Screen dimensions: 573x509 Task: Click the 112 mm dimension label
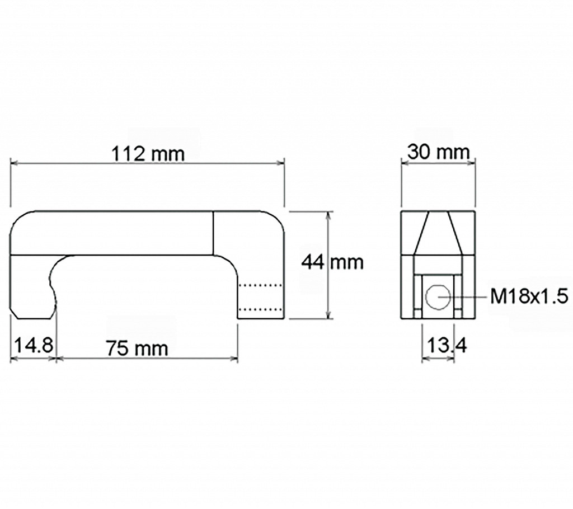click(148, 154)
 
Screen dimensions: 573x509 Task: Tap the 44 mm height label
click(332, 262)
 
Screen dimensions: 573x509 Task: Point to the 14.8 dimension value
click(34, 345)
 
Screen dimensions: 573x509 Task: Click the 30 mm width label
click(438, 152)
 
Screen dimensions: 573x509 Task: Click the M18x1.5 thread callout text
click(529, 297)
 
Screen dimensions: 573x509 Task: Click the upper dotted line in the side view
click(261, 285)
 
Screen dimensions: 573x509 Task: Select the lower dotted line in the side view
click(261, 309)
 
